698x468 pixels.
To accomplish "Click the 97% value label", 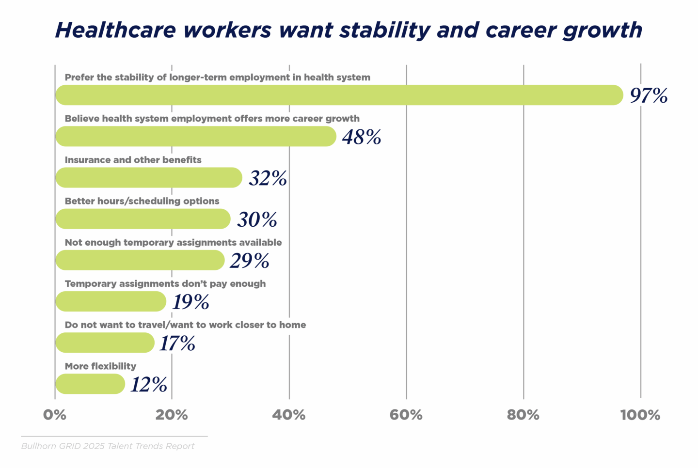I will [x=649, y=95].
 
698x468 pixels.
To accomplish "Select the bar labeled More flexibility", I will [x=90, y=384].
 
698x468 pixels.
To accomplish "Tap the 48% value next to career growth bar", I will [x=362, y=137].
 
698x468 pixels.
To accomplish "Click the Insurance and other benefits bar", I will [x=148, y=178].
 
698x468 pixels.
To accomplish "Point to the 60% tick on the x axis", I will [x=406, y=415].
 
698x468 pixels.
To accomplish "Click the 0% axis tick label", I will [x=54, y=415].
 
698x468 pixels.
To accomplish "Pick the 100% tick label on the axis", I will [x=640, y=415].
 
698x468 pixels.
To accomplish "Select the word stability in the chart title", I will [x=384, y=31].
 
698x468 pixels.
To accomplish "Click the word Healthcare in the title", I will [x=115, y=31].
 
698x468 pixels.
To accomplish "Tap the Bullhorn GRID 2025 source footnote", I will [x=108, y=446].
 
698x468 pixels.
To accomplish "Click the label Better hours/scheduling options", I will [x=142, y=201].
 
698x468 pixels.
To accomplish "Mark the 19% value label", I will [x=190, y=302].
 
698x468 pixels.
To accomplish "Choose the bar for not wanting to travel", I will [x=105, y=343].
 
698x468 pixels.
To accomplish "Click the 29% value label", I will [x=249, y=261].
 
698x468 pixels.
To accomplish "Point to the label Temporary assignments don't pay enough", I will [x=165, y=283].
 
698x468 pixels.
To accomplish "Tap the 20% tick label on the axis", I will [x=172, y=415].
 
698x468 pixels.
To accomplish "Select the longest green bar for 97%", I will [x=339, y=95].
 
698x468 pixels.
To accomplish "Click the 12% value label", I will [x=149, y=385].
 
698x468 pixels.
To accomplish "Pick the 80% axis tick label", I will [x=523, y=415].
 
